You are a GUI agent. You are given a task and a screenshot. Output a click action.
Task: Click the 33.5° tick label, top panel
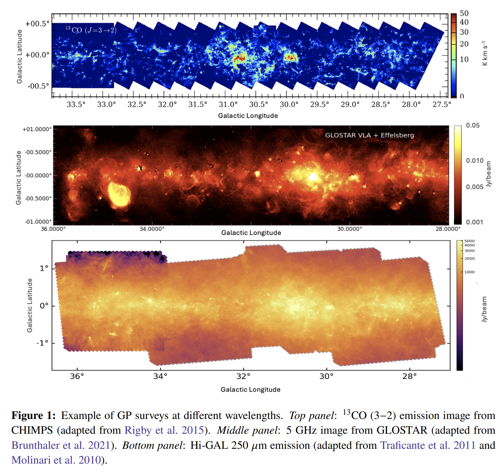click(x=76, y=105)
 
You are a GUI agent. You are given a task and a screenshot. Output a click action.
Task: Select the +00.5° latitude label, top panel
click(x=38, y=24)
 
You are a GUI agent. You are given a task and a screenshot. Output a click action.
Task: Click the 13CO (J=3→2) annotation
click(x=91, y=30)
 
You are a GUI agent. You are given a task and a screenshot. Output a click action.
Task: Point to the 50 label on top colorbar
click(x=464, y=13)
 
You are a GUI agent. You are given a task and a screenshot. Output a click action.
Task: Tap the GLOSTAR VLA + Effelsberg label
click(x=369, y=135)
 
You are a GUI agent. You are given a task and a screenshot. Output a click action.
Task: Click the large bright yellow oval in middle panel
click(x=119, y=194)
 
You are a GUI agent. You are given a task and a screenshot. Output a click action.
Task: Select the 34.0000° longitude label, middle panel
click(x=152, y=229)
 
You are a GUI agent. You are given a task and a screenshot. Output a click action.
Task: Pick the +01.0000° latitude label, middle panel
click(x=37, y=129)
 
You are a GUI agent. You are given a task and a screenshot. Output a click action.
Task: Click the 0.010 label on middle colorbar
click(x=475, y=161)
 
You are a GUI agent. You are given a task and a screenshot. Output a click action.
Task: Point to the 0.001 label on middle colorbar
click(x=474, y=222)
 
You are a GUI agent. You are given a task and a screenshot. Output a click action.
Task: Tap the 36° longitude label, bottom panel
click(x=77, y=376)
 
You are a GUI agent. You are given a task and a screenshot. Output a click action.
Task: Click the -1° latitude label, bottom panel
click(x=42, y=343)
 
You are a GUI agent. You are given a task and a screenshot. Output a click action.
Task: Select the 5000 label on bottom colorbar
click(x=470, y=241)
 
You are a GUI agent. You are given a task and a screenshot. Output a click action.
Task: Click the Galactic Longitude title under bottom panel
click(x=250, y=389)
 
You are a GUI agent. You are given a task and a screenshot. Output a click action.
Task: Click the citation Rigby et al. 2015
click(x=164, y=430)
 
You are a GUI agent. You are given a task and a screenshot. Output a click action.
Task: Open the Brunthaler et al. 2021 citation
click(x=61, y=445)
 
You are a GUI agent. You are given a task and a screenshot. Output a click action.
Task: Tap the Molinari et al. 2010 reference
click(x=56, y=460)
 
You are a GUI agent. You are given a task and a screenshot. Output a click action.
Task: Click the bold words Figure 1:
click(x=33, y=415)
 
